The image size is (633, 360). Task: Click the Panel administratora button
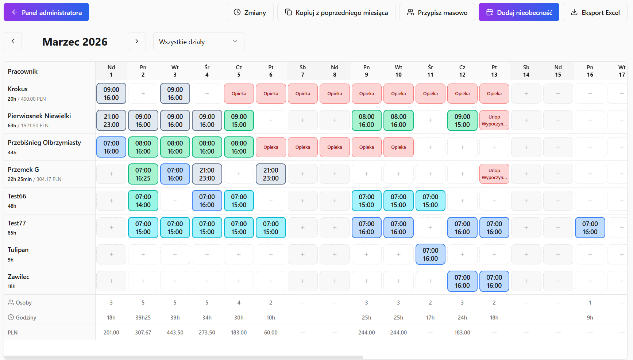(46, 12)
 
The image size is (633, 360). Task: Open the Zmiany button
(250, 12)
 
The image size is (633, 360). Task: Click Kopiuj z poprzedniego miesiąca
(336, 12)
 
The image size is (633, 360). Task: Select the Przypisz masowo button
(437, 12)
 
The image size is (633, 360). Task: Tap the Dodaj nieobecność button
(519, 12)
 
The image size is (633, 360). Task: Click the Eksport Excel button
(595, 12)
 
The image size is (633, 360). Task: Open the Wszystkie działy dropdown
(199, 41)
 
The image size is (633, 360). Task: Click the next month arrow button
(137, 41)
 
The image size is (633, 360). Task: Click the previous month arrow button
(13, 41)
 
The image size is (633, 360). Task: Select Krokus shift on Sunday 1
(111, 93)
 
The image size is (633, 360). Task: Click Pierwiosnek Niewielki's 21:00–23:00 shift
(111, 120)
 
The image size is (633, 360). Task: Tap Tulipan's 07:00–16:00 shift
(431, 254)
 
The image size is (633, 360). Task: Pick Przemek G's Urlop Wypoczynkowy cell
(494, 174)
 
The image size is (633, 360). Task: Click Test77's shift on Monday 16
(590, 228)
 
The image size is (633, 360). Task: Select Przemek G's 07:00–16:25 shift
(143, 174)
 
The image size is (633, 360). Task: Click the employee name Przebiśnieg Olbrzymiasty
(44, 143)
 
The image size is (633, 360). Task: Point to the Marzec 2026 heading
(75, 42)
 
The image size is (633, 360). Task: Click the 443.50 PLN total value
(175, 333)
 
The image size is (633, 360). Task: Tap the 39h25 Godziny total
(143, 318)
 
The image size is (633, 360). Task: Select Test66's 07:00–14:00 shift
(143, 201)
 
